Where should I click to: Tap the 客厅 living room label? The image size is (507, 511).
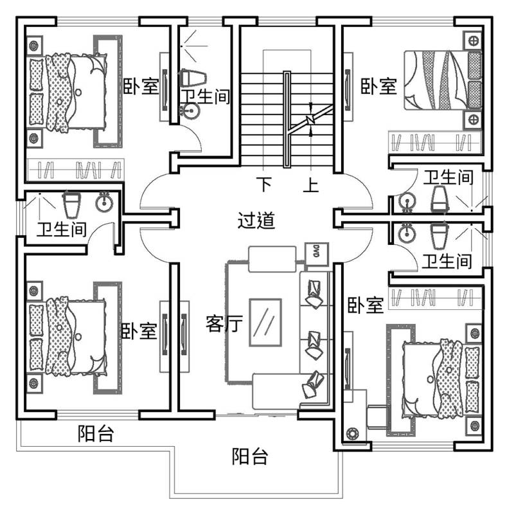224,323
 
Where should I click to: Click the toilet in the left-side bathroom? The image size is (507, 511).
71,205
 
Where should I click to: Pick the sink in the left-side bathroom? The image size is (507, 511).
103,204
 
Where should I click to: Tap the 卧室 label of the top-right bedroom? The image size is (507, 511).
378,86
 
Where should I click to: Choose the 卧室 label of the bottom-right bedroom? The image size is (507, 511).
366,305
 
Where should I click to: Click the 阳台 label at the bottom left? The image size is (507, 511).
96,434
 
